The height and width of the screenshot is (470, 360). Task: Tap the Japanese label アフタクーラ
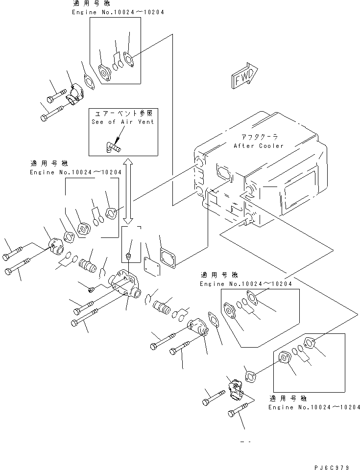coord(260,137)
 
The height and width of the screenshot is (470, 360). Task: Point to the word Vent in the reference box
coord(144,122)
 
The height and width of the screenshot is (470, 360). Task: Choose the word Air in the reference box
coord(125,122)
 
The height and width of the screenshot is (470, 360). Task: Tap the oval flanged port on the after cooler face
coord(223,173)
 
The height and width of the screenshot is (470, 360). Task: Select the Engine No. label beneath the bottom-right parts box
coord(314,407)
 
